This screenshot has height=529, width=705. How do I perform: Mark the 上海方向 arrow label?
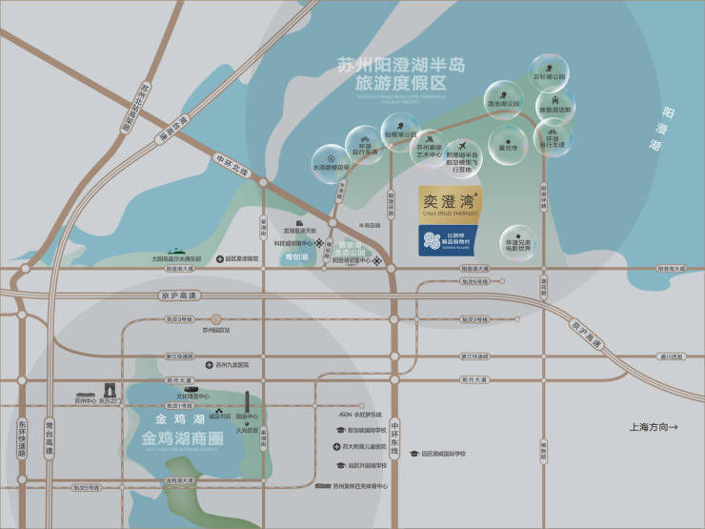[654, 426]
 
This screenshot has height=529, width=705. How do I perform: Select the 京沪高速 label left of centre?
[177, 296]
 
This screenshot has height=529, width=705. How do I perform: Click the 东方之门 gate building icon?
[107, 391]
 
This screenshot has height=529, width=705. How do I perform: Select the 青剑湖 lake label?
[297, 257]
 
